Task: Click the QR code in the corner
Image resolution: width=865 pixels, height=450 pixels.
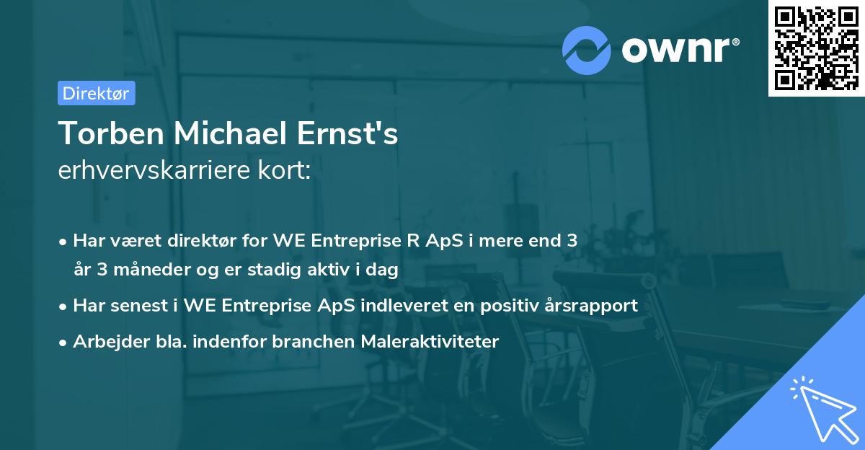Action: click(x=815, y=48)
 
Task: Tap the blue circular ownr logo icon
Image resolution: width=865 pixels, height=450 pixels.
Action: click(x=587, y=50)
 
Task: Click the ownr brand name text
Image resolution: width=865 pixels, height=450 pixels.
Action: click(x=678, y=50)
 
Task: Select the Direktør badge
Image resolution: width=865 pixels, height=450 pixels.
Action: click(x=96, y=93)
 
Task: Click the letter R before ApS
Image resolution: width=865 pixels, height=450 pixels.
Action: click(x=412, y=241)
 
